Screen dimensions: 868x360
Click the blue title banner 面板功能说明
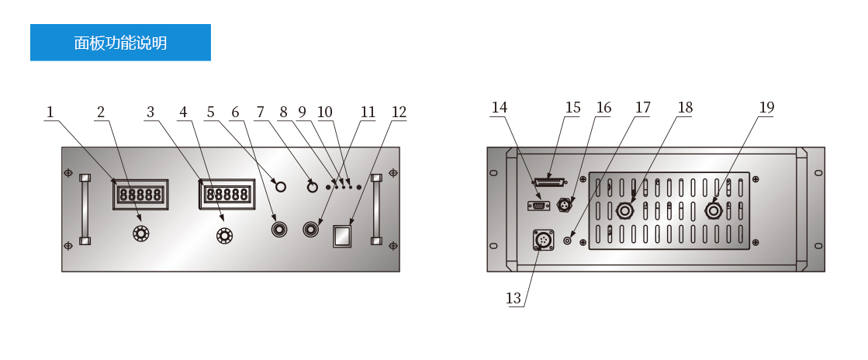click(120, 43)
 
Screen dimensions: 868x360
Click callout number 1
click(50, 112)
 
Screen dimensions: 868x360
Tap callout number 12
click(399, 112)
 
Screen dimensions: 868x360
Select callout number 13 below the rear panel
click(514, 299)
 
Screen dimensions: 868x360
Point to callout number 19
click(766, 107)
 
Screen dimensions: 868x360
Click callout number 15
click(572, 107)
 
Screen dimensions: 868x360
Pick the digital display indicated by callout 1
click(140, 195)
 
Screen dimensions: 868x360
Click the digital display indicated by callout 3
click(227, 195)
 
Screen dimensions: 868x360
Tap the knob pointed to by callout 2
click(141, 234)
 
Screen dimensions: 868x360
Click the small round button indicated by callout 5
click(281, 187)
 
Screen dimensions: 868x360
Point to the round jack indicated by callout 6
click(279, 229)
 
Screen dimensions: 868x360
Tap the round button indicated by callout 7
click(312, 187)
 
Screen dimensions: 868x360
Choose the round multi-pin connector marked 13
click(543, 240)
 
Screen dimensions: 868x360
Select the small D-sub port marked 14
click(538, 206)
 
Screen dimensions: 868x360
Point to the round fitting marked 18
click(625, 210)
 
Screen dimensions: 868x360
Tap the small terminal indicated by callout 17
click(567, 241)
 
